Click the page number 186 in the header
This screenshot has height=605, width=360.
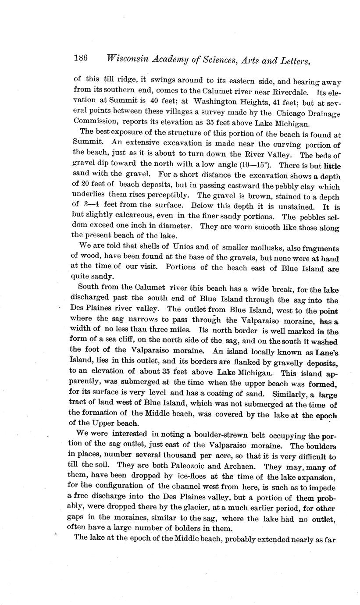coord(82,57)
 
